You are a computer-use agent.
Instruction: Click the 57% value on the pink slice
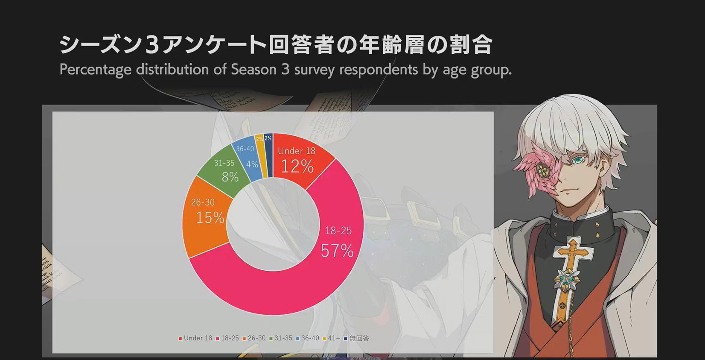[x=337, y=251]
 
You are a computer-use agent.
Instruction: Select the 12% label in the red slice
[x=297, y=166]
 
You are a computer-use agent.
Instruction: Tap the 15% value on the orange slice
[x=210, y=218]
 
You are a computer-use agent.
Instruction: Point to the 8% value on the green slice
[x=230, y=177]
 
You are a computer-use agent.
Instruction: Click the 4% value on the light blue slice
[x=252, y=164]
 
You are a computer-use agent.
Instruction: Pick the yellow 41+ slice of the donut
[x=261, y=156]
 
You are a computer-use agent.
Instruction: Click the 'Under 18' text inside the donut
[x=297, y=151]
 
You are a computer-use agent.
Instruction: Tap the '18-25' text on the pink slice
[x=338, y=231]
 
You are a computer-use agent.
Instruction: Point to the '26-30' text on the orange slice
[x=203, y=202]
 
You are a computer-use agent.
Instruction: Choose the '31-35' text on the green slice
[x=224, y=163]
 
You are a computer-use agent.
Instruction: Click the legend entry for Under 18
[x=195, y=338]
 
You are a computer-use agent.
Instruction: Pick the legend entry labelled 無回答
[x=356, y=338]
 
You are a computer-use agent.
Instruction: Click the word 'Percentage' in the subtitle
[x=95, y=70]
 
